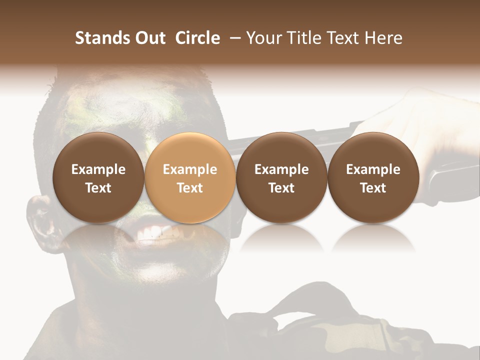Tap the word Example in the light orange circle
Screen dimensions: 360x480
click(190, 169)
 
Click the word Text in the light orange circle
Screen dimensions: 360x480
click(190, 188)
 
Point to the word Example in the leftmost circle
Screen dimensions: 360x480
click(98, 169)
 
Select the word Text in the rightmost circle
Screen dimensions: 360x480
click(373, 188)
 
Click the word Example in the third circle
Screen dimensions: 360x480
click(281, 169)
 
